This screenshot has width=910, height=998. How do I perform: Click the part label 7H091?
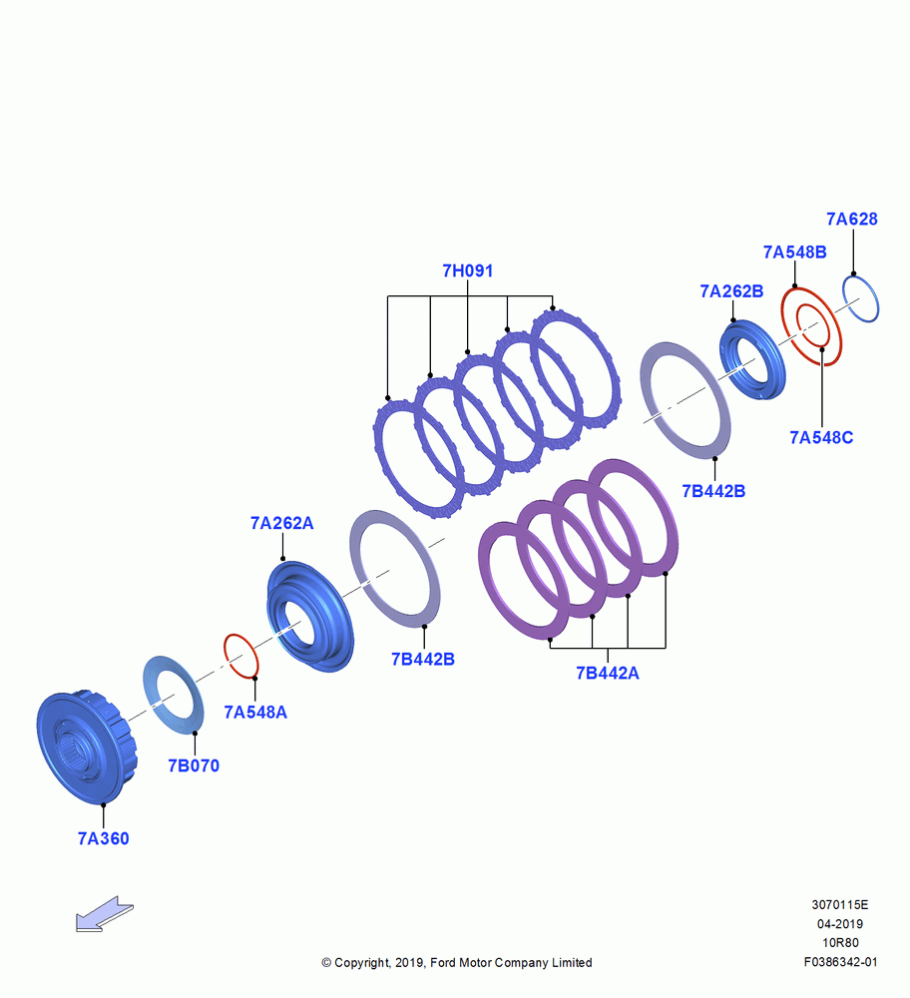point(468,270)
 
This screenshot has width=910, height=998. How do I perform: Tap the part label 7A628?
point(851,219)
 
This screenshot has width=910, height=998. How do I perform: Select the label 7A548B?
point(795,252)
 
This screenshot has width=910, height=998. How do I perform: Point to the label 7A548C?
point(821,437)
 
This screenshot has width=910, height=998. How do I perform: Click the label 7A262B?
point(731,290)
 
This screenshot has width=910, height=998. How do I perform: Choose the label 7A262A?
point(282,523)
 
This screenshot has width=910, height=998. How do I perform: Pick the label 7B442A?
point(607,673)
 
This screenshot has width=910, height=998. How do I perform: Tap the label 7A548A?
point(255,713)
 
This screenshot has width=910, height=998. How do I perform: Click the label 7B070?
point(194,765)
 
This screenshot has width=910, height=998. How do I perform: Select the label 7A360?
point(103,839)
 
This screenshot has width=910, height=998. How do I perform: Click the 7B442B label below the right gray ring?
point(713,491)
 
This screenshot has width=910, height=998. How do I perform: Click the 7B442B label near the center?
point(422,660)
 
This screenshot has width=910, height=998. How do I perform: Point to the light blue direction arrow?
point(105,914)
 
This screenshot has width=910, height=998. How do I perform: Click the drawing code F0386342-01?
point(840,962)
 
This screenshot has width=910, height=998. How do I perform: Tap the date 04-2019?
point(840,923)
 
